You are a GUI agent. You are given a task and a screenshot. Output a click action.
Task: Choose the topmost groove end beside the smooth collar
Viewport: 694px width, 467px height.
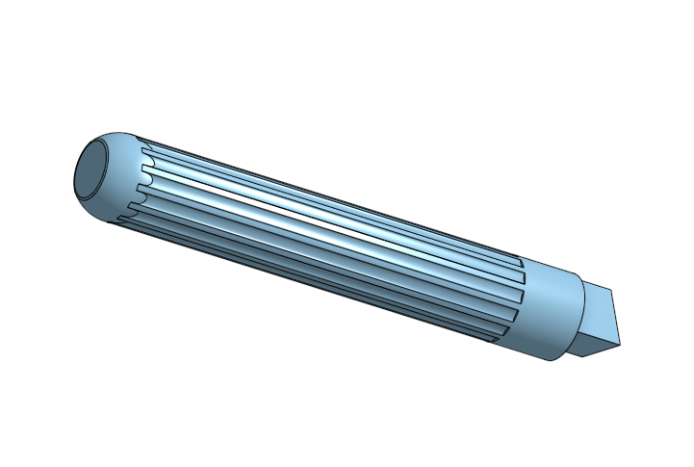(x=521, y=263)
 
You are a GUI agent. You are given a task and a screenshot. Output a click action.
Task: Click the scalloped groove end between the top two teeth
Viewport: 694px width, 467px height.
(x=145, y=162)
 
